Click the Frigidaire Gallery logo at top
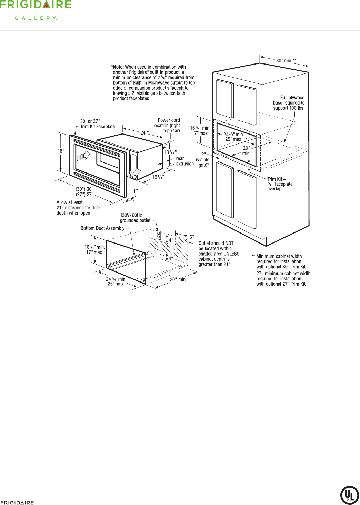(36, 10)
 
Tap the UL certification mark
(349, 495)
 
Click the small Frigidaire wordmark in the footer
(17, 503)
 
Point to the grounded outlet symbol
(158, 235)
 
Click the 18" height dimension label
(61, 151)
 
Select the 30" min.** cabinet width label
(286, 61)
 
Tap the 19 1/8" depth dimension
(158, 177)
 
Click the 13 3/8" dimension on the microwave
(170, 152)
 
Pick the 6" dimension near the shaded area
(192, 237)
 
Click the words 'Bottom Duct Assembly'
(102, 228)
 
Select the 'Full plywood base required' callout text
(289, 103)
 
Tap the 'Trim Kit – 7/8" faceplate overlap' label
(280, 184)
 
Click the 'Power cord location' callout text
(167, 126)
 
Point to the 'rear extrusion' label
(185, 161)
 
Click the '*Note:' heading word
(118, 67)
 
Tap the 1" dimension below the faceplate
(136, 191)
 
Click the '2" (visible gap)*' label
(203, 159)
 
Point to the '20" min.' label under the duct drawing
(178, 279)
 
